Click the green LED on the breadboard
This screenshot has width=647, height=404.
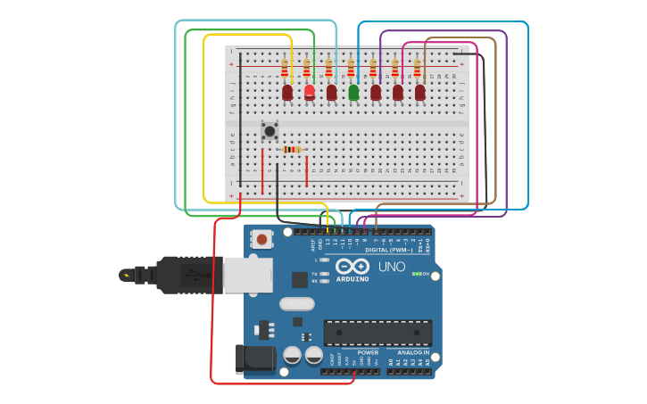click(353, 92)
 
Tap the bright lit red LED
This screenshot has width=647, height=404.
click(310, 92)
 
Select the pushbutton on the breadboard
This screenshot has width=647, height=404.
click(270, 131)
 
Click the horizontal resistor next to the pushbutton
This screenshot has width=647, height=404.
click(291, 150)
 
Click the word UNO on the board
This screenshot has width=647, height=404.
click(392, 267)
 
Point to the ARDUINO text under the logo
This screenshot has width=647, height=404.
click(353, 279)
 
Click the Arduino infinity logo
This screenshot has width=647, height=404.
click(353, 267)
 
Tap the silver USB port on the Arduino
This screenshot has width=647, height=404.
click(247, 276)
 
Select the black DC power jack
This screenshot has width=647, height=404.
click(252, 359)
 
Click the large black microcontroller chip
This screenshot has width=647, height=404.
click(377, 333)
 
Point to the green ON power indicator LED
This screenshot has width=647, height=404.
click(417, 274)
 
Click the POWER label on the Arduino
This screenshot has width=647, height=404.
click(368, 352)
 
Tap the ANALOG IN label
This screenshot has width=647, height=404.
click(412, 352)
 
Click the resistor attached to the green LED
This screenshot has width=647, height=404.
click(351, 68)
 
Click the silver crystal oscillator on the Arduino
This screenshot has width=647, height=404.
click(296, 304)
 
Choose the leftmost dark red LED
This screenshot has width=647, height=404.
click(287, 92)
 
